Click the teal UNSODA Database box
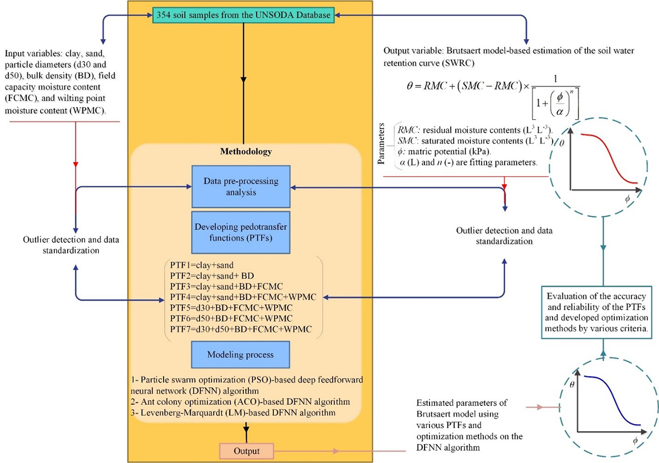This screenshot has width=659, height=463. point(243,15)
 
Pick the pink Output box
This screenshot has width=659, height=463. point(247,451)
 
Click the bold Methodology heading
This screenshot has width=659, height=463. point(242,150)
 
